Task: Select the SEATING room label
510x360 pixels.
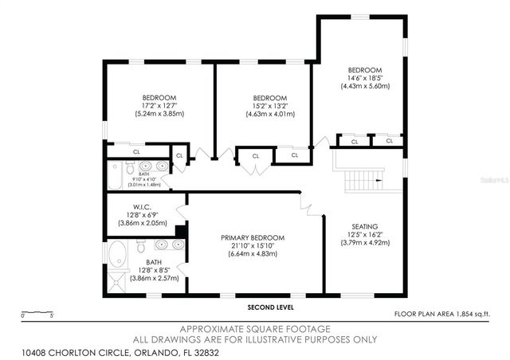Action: [x=365, y=226]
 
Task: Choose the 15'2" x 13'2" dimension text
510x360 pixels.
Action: [x=270, y=106]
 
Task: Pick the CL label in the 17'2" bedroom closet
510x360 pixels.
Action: [x=136, y=151]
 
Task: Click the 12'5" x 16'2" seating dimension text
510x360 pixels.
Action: [x=365, y=234]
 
